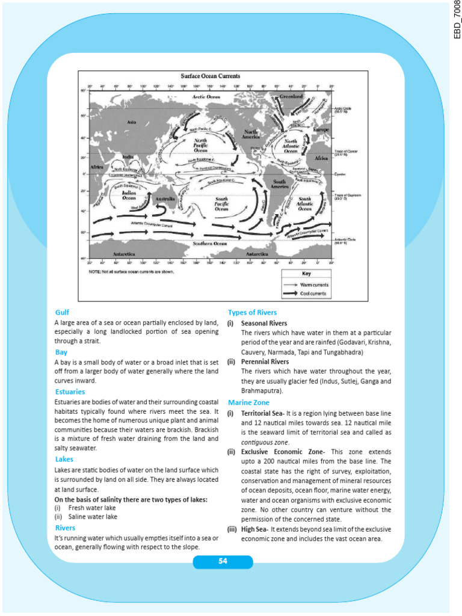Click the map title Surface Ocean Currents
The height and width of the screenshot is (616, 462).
(211, 76)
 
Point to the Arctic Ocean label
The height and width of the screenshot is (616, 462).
(206, 96)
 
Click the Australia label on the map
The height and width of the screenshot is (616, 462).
(165, 199)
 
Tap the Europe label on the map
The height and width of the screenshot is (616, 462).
(321, 129)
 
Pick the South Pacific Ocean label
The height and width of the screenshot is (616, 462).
(222, 203)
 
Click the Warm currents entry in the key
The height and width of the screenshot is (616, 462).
(314, 285)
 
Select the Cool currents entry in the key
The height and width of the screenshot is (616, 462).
(313, 293)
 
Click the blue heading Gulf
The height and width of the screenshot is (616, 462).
(62, 313)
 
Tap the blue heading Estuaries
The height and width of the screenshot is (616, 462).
(70, 392)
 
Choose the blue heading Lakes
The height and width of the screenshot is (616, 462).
(64, 460)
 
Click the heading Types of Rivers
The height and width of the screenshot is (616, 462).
(252, 312)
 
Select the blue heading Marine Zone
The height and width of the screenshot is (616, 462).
(248, 402)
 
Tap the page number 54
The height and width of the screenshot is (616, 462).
(223, 561)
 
